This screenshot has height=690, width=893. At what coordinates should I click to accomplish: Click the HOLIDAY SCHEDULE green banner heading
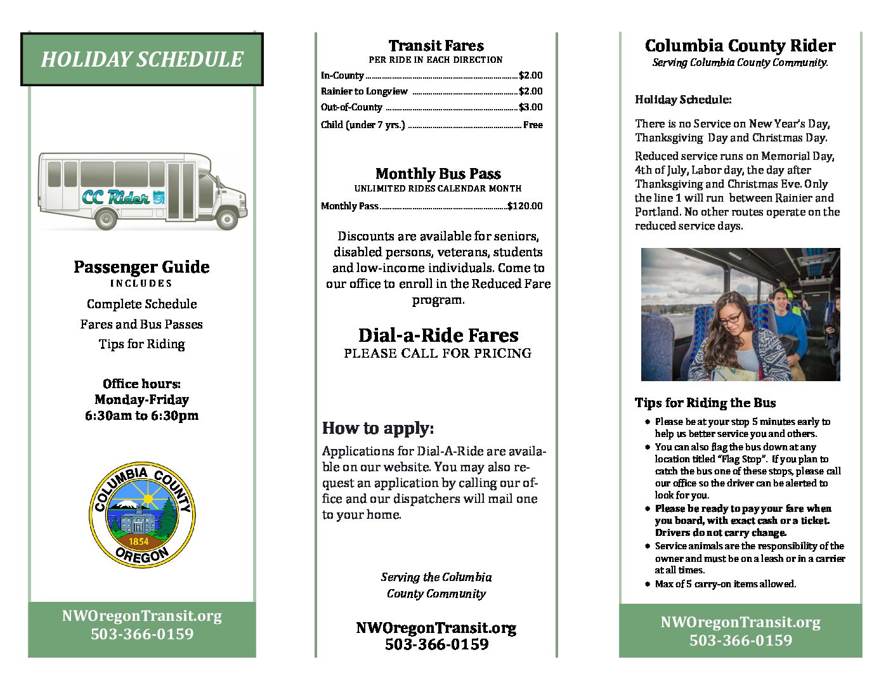[x=141, y=60]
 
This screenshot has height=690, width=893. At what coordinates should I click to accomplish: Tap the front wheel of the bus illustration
[x=226, y=219]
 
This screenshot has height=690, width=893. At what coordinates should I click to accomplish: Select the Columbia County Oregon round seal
[x=142, y=514]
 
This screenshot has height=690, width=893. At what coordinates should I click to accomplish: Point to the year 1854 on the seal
[x=138, y=541]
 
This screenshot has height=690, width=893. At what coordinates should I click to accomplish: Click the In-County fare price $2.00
[x=531, y=75]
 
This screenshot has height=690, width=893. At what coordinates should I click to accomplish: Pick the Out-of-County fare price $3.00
[x=531, y=107]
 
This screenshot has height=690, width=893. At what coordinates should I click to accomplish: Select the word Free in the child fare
[x=533, y=125]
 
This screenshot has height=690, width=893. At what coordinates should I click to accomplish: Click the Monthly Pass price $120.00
[x=525, y=206]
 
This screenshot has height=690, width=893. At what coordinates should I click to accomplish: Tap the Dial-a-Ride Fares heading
[x=438, y=335]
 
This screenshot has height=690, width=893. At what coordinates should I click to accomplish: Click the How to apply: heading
[x=378, y=428]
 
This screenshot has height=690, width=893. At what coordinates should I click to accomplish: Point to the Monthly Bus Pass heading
[x=438, y=174]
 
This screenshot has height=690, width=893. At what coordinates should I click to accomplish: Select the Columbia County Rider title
[x=740, y=46]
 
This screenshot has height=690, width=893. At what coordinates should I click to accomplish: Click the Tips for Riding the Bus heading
[x=705, y=403]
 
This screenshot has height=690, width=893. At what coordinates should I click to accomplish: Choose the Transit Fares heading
[x=436, y=46]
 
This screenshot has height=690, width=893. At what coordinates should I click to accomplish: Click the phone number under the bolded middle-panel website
[x=436, y=644]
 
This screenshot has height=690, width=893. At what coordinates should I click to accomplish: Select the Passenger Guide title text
[x=141, y=267]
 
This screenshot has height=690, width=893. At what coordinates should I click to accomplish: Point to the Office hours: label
[x=141, y=384]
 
